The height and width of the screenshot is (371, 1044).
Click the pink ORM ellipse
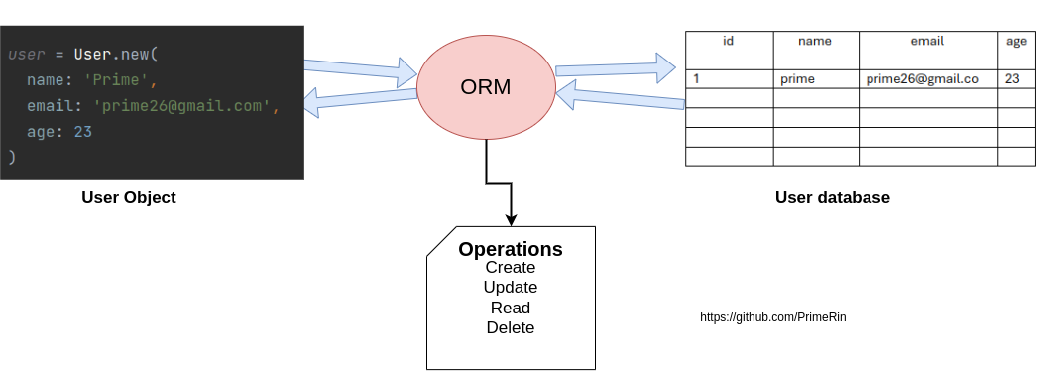[486, 87]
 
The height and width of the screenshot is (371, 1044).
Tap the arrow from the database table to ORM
[620, 97]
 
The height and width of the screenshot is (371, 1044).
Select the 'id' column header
[729, 42]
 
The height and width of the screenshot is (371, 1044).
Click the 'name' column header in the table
[815, 42]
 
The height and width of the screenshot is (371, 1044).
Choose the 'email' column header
[927, 42]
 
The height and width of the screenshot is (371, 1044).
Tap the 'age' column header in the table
[1016, 42]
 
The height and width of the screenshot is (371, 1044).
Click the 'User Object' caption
[128, 197]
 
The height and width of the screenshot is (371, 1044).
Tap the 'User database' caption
[832, 197]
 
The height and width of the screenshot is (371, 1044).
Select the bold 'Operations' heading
[510, 249]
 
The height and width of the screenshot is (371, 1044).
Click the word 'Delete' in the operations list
[510, 327]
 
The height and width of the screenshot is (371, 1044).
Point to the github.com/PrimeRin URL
[772, 317]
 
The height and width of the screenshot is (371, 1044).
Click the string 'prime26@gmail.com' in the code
[182, 106]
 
